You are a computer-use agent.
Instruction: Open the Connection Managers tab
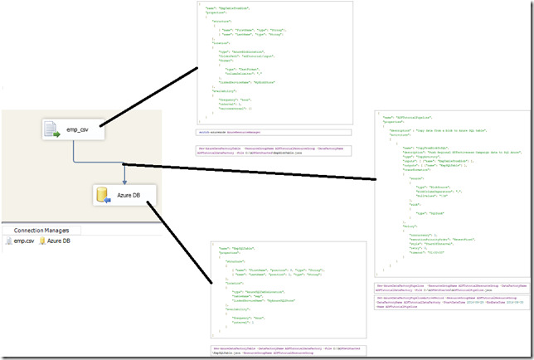click(41, 230)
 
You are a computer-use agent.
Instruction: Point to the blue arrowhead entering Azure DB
click(124, 181)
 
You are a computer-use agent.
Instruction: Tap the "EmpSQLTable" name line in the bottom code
click(235, 248)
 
